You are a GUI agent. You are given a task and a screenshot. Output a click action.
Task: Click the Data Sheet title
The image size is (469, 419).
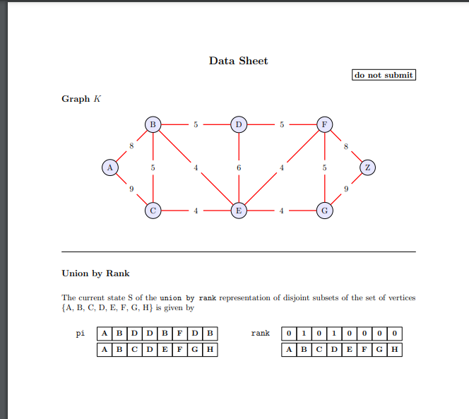click(238, 61)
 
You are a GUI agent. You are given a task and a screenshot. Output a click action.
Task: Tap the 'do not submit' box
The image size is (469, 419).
click(384, 75)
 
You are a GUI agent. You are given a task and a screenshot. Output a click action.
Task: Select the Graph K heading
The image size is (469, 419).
click(81, 99)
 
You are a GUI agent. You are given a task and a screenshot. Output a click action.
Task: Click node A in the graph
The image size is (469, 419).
click(109, 167)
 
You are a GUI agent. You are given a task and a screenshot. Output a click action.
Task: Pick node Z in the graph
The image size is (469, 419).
click(367, 167)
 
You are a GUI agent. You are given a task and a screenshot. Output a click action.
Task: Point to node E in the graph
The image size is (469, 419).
click(239, 211)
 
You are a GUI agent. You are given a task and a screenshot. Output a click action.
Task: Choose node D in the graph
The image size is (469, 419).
click(239, 125)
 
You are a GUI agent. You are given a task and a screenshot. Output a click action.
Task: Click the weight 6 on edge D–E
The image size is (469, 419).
click(239, 168)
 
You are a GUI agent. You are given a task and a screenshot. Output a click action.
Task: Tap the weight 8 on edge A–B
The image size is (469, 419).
click(131, 146)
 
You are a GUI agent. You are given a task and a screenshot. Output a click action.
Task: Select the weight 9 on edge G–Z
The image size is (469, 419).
click(346, 189)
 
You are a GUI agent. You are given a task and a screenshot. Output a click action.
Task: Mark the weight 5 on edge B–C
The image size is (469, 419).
click(153, 168)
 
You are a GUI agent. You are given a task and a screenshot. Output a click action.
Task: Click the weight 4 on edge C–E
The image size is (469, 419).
click(196, 211)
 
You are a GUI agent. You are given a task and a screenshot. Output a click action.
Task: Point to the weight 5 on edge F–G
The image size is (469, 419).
click(324, 168)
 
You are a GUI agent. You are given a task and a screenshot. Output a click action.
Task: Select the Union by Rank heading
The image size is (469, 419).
click(95, 273)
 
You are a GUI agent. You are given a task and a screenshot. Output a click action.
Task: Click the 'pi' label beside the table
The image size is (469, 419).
click(81, 333)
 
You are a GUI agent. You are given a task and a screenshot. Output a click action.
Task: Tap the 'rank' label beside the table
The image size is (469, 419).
click(261, 333)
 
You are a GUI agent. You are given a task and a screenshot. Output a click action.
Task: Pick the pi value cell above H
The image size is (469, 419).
click(210, 333)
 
